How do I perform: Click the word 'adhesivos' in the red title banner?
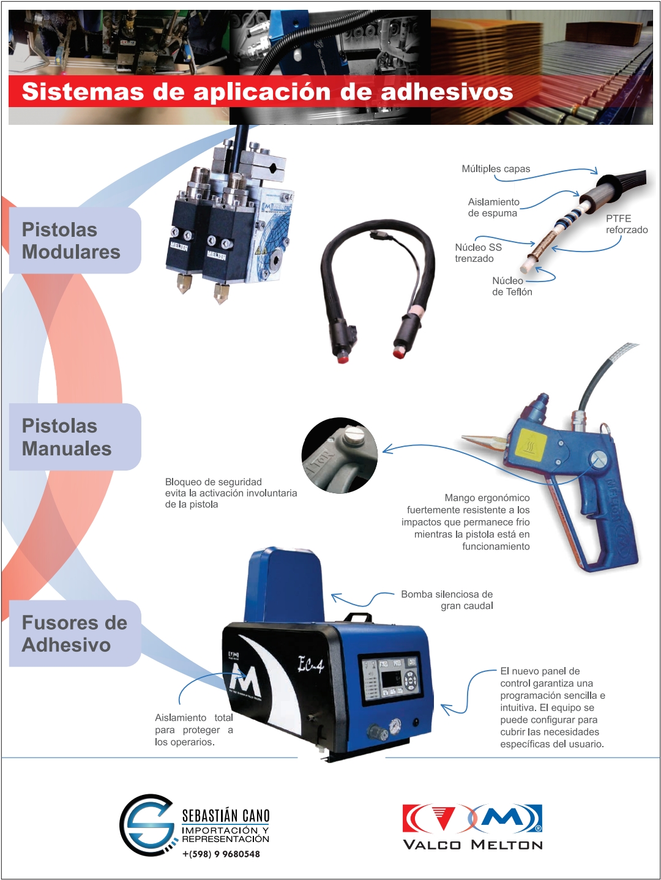[x=446, y=92]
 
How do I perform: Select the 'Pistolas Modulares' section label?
[x=71, y=241]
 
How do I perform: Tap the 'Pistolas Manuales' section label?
[x=67, y=437]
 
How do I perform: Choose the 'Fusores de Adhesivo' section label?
[x=75, y=633]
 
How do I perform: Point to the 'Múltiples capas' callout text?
[x=496, y=169]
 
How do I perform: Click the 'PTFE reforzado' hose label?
[x=626, y=224]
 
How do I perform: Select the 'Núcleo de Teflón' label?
[x=512, y=286]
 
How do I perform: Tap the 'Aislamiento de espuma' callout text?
[x=493, y=207]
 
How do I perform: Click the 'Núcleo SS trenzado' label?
[x=478, y=253]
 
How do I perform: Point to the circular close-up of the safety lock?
[x=340, y=456]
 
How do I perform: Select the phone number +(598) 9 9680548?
[x=221, y=854]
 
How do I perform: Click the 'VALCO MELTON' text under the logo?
[x=472, y=845]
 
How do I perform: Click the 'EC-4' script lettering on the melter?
[x=310, y=665]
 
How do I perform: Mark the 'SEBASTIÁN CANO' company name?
[x=226, y=816]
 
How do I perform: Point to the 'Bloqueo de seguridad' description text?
[x=231, y=493]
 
